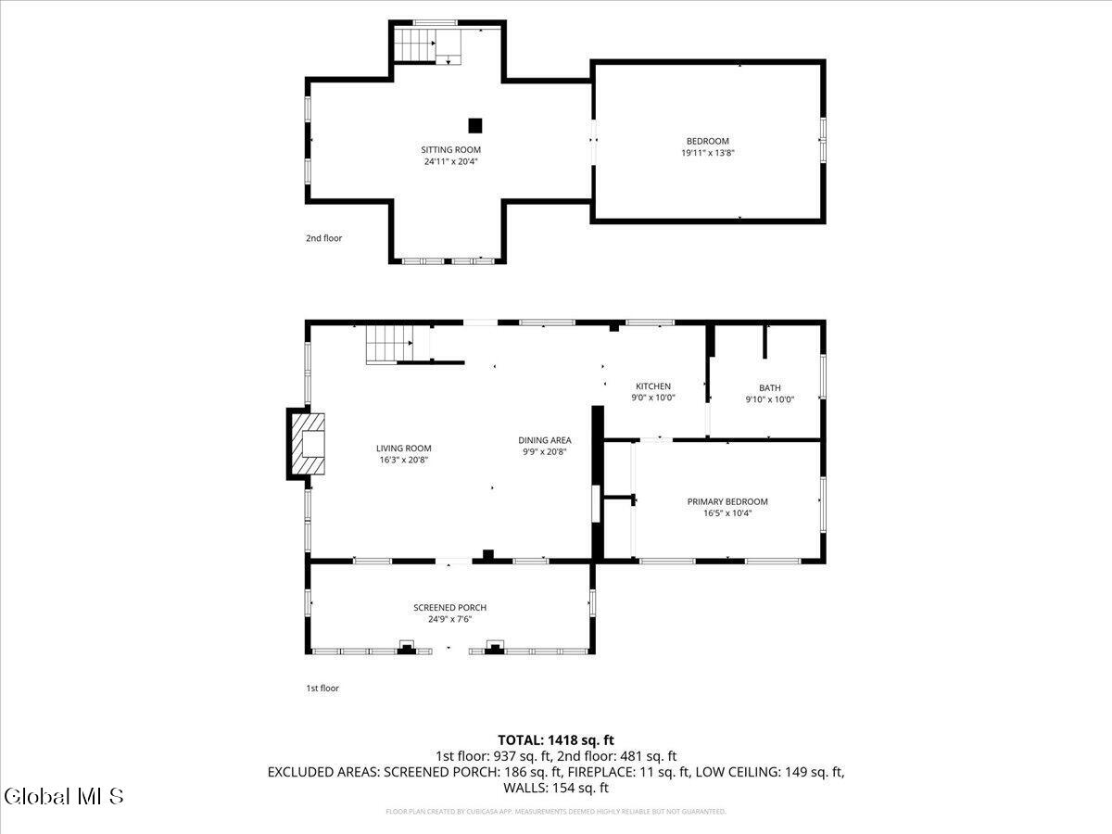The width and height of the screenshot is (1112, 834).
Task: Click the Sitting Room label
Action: tap(450, 149)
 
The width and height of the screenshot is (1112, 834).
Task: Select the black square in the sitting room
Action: tap(475, 125)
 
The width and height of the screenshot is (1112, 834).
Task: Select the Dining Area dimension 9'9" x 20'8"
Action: tap(544, 452)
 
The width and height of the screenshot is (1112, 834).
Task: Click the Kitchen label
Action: tap(652, 386)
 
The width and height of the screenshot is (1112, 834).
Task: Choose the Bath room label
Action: tap(769, 388)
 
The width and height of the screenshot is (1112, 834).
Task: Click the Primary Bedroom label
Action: tap(727, 501)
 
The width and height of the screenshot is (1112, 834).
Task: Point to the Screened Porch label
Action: tap(449, 608)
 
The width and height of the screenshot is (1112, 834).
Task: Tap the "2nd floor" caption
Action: tap(324, 238)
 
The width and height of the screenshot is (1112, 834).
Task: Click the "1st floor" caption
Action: tap(322, 689)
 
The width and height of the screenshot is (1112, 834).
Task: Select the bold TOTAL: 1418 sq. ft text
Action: tap(556, 739)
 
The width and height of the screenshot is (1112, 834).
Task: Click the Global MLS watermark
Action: tap(63, 796)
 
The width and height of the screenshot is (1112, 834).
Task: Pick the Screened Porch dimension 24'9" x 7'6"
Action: tap(449, 619)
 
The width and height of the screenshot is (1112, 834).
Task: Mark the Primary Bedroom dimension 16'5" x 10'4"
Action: tap(727, 512)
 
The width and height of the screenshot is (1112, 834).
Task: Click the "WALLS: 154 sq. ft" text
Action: tap(556, 788)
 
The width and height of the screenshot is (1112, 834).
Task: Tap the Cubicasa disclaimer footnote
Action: tap(556, 812)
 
